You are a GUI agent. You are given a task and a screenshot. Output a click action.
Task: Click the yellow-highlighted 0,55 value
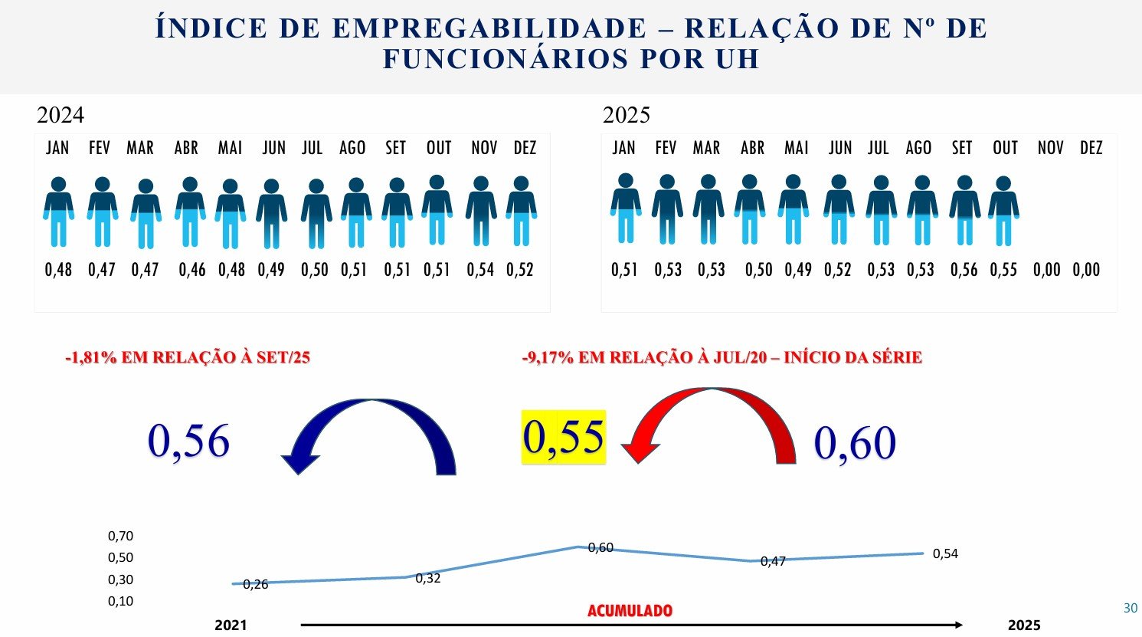pos(564,437)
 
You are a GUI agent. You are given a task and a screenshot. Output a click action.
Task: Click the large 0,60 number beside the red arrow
pos(855,443)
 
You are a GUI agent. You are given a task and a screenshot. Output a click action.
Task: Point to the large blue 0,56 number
pos(188,441)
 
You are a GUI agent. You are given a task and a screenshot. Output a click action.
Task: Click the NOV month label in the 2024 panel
pos(484,148)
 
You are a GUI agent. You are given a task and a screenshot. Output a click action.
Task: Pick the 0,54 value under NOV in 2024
pos(480,270)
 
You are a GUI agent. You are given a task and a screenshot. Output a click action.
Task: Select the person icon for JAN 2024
pos(58,212)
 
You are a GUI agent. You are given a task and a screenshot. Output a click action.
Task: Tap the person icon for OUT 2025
pos(1003,211)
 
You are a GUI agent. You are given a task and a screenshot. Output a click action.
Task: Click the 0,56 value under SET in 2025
pos(964,270)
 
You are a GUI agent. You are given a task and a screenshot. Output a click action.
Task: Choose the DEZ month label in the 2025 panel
pos(1091,148)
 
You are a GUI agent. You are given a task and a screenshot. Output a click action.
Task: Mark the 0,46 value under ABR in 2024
pos(192,270)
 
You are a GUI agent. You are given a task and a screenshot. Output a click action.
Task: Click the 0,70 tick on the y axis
pos(121,537)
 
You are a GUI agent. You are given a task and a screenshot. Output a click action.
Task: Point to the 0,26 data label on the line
pos(256,585)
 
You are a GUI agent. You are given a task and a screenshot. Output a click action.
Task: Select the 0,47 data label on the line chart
pos(773,562)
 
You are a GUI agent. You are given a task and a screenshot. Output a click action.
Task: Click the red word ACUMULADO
pos(630,612)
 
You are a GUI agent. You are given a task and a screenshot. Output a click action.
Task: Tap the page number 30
pos(1131,609)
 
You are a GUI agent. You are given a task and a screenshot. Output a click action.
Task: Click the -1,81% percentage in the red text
pos(90,358)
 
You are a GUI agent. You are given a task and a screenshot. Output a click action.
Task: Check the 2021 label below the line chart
pos(231,626)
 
